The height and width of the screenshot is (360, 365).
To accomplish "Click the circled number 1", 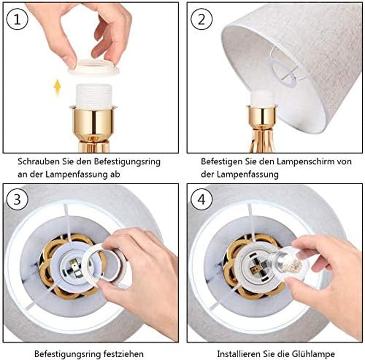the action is (x=17, y=19).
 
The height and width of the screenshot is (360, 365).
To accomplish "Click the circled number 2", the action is (x=201, y=19).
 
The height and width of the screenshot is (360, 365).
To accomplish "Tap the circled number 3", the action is (x=17, y=200).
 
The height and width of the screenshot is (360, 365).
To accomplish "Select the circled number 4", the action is (x=201, y=200).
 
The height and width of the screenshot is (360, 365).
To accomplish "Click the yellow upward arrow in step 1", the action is (x=57, y=87).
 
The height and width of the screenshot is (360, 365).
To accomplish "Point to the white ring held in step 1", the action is (x=94, y=67).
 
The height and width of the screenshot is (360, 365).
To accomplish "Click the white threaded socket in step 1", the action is (x=94, y=96).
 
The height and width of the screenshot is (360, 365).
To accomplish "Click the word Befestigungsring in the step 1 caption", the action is (x=127, y=162).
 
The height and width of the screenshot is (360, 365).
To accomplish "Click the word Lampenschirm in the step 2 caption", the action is (x=295, y=161).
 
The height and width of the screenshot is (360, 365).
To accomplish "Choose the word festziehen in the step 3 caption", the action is (x=123, y=354).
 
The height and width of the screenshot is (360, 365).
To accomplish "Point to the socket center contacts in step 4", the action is (x=258, y=266).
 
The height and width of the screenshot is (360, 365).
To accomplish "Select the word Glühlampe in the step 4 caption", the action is (x=314, y=354).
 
